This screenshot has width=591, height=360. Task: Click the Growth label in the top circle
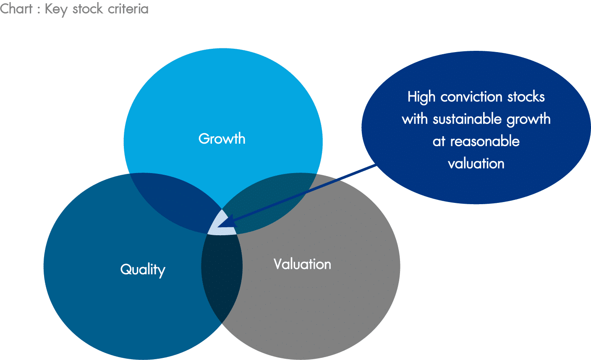(222, 138)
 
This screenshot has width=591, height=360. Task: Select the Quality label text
(143, 270)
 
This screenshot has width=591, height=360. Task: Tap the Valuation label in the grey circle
(302, 264)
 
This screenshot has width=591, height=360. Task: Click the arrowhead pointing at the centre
(228, 221)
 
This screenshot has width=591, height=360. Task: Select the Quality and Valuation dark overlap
(222, 275)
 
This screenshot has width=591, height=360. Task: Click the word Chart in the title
(16, 9)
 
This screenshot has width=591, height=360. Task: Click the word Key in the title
(56, 10)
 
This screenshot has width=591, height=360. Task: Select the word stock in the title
(88, 9)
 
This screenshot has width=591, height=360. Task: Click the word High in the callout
(421, 97)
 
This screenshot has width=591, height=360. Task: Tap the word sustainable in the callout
(467, 119)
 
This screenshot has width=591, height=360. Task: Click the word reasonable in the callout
(485, 141)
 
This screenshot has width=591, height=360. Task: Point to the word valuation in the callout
(476, 163)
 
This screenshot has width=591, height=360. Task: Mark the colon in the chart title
(39, 11)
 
